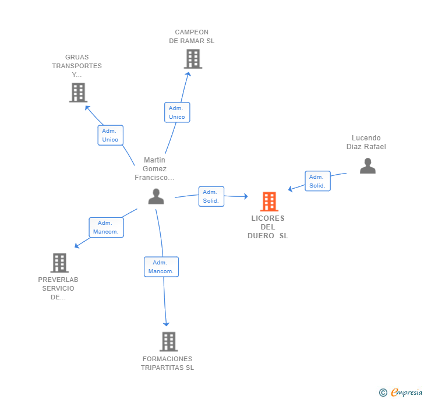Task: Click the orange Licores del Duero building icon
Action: click(x=269, y=202)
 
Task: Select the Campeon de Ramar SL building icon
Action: click(x=193, y=59)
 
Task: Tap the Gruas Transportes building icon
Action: click(x=78, y=93)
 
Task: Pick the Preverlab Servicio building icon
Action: click(x=59, y=263)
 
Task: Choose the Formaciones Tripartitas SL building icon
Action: click(x=169, y=341)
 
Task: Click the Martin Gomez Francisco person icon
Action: click(x=156, y=196)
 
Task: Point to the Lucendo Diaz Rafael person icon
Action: click(x=368, y=166)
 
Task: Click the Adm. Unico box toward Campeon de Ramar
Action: click(x=177, y=112)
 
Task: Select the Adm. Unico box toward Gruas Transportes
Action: click(x=110, y=135)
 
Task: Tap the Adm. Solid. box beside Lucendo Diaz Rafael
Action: click(x=317, y=181)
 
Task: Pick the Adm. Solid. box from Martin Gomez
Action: click(x=211, y=196)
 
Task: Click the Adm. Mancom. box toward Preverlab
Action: click(x=106, y=228)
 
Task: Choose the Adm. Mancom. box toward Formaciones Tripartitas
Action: click(x=161, y=267)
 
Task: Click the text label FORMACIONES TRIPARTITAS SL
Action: click(x=167, y=363)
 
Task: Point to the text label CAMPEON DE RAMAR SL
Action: click(x=192, y=36)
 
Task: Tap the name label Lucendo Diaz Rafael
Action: click(x=366, y=142)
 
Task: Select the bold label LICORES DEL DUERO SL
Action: click(x=268, y=227)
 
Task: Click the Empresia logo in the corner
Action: click(x=407, y=392)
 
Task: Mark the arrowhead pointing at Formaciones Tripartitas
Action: click(x=167, y=324)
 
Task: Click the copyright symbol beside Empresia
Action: click(x=383, y=392)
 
